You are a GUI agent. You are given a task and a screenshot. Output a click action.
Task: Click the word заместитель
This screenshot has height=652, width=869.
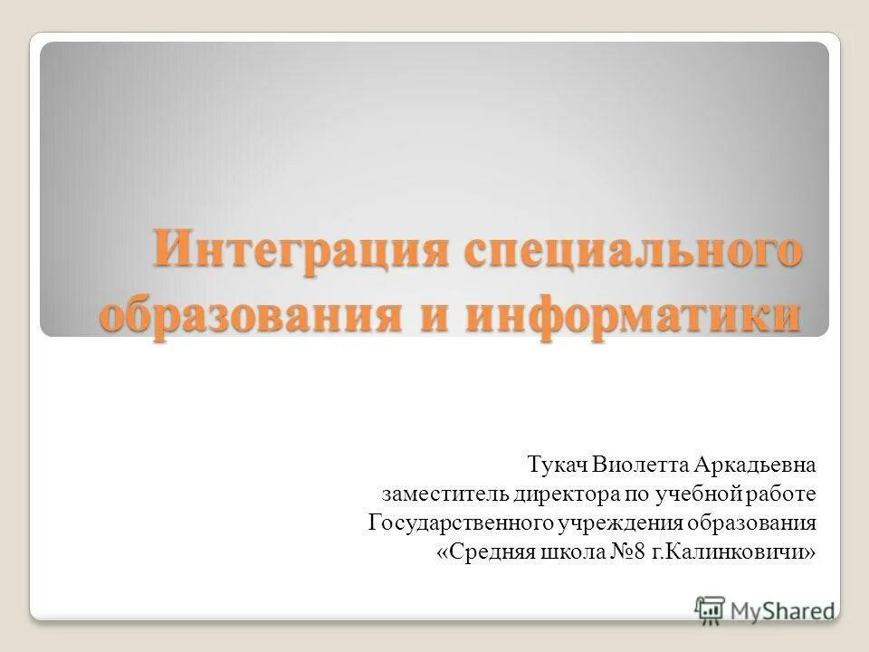pyautogui.click(x=445, y=494)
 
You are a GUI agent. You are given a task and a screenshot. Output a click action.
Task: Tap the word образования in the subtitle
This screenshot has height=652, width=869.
pyautogui.click(x=753, y=523)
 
